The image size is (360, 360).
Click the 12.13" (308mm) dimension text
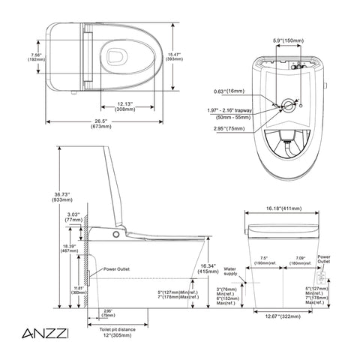(125, 106)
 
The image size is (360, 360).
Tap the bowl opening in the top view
(117, 56)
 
